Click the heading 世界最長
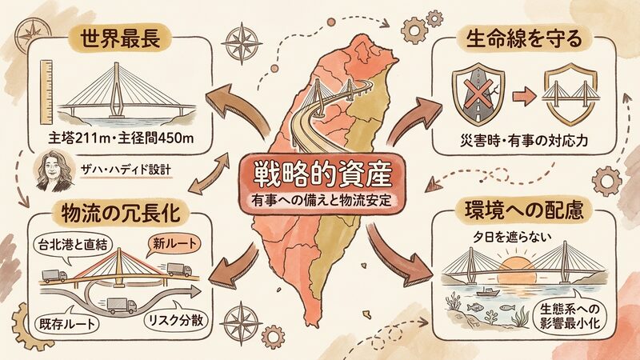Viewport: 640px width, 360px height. [x=119, y=39]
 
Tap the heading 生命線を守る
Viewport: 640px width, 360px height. [x=524, y=39]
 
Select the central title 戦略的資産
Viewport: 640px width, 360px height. [x=322, y=174]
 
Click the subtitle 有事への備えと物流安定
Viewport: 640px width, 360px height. [x=322, y=201]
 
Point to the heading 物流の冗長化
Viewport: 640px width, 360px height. [x=121, y=214]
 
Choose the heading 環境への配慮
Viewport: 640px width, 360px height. [x=524, y=210]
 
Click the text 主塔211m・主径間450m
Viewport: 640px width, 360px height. [x=121, y=138]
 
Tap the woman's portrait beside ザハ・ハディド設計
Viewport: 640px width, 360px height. [x=54, y=171]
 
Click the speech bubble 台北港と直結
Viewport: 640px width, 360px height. [x=72, y=246]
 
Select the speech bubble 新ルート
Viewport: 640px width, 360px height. [x=174, y=245]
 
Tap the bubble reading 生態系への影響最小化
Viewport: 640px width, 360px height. [x=570, y=315]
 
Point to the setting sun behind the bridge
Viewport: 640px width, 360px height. [x=517, y=270]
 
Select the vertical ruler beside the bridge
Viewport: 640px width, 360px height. [x=46, y=93]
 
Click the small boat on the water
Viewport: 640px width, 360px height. [x=488, y=292]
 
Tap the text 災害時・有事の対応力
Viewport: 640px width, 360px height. [x=524, y=141]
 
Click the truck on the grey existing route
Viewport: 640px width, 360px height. [x=122, y=306]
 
